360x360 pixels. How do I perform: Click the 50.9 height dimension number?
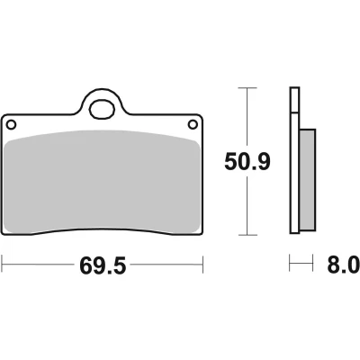tap(247, 162)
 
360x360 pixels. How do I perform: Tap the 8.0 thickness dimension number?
tap(343, 265)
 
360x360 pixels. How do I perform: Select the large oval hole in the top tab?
tap(103, 109)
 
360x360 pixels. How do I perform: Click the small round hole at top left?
tap(11, 124)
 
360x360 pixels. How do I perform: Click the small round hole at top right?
tap(193, 124)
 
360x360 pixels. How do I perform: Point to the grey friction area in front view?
tap(103, 182)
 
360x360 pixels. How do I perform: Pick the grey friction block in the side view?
tap(307, 180)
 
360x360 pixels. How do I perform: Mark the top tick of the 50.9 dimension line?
tap(247, 88)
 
